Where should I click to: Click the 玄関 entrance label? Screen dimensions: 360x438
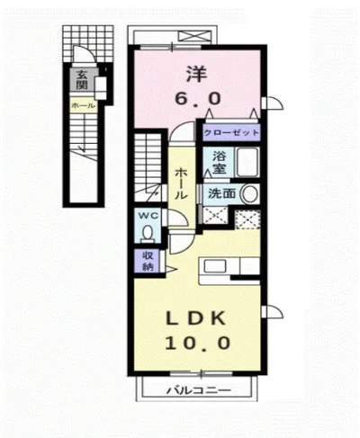coord(81,80)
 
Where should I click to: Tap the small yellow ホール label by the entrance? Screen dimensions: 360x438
coord(84,105)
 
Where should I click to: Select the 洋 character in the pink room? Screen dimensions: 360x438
coord(197,74)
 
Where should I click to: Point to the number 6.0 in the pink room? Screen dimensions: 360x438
coord(198,98)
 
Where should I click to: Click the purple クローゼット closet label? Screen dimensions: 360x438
coord(231,132)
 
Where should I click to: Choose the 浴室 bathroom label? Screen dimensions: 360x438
coord(220,162)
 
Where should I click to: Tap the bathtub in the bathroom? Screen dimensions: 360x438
coord(247,162)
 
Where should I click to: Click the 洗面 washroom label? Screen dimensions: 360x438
coord(221,193)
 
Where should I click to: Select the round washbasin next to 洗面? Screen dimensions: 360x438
coord(250,194)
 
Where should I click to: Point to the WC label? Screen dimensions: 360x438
coord(148,215)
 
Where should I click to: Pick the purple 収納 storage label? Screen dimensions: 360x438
coord(148,261)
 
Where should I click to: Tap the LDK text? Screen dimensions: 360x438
coord(196,318)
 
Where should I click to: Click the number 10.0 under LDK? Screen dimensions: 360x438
coord(198,343)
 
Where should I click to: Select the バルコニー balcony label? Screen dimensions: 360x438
coord(199,390)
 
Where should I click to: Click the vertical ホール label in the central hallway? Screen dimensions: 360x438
coord(181,183)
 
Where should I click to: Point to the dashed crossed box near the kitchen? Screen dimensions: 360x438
coord(247,219)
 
